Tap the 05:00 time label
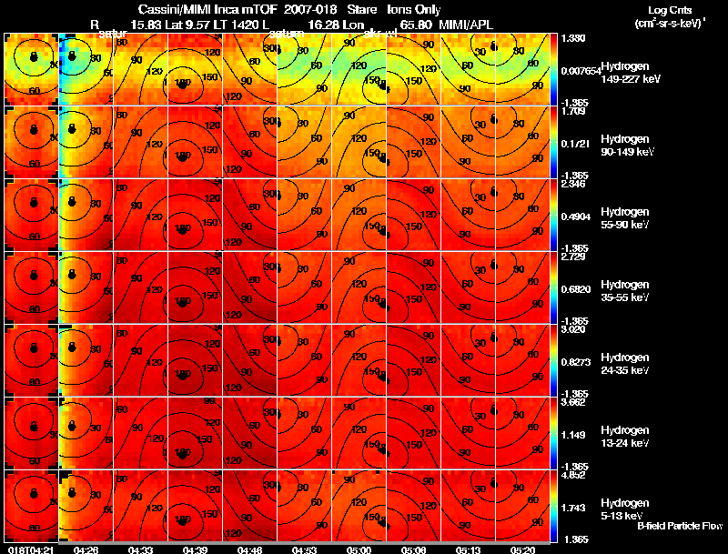coord(359,549)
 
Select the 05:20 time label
coord(523,549)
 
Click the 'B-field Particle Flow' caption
coord(680,526)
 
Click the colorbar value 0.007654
coord(578,70)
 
